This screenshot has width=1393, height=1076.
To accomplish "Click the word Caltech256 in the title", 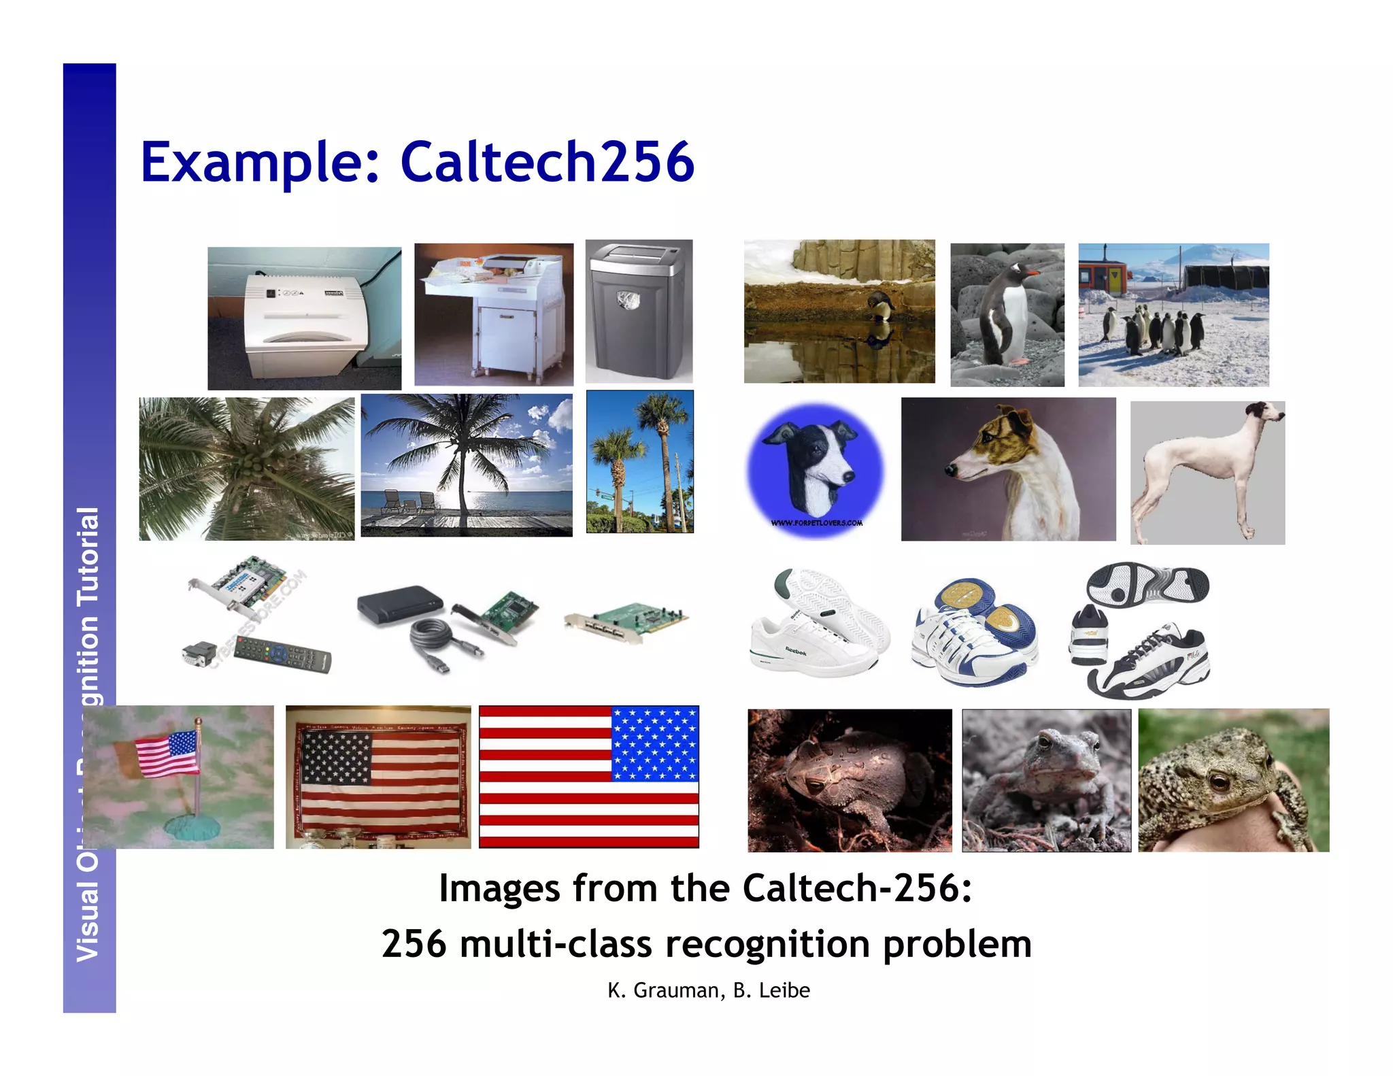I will click(547, 162).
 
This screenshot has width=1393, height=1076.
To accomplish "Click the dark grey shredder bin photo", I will click(639, 311).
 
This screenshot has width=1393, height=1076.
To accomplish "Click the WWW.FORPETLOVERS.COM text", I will click(816, 523).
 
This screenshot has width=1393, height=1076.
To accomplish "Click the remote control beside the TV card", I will click(282, 655).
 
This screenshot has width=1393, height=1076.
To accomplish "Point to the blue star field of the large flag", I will click(654, 743).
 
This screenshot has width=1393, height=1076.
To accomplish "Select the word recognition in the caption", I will click(768, 944).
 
